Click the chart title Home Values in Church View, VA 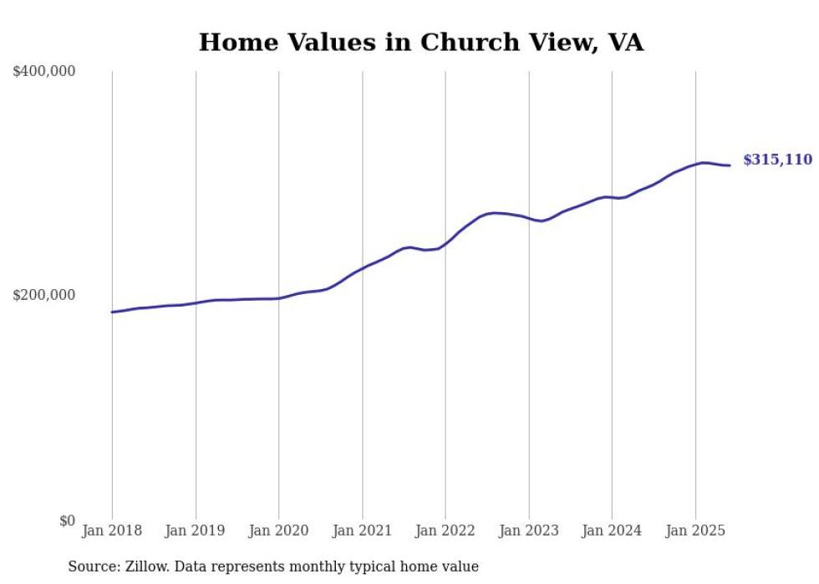(x=421, y=43)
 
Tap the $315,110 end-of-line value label (x=777, y=160)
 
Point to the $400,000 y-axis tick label (x=44, y=72)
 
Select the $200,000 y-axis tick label (x=44, y=295)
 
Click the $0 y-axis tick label (x=67, y=521)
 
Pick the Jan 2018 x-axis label (x=112, y=531)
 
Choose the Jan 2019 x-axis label (x=196, y=531)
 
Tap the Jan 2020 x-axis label (x=279, y=531)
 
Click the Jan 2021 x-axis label (x=362, y=531)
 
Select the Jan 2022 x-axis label (x=445, y=531)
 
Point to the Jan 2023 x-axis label (x=528, y=531)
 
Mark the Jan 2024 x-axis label (x=612, y=531)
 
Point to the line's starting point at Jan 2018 (x=112, y=312)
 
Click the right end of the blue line (x=730, y=165)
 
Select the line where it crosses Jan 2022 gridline (x=445, y=243)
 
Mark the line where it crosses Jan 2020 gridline (x=279, y=298)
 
